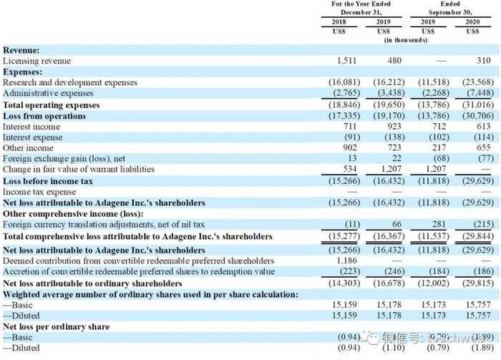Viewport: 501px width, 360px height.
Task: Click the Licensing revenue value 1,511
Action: [336, 61]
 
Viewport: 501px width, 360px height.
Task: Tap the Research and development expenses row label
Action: [70, 83]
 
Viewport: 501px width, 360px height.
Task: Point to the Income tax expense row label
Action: [39, 192]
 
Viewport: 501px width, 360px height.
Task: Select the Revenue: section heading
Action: [21, 50]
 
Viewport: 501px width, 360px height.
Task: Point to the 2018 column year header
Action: [339, 22]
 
